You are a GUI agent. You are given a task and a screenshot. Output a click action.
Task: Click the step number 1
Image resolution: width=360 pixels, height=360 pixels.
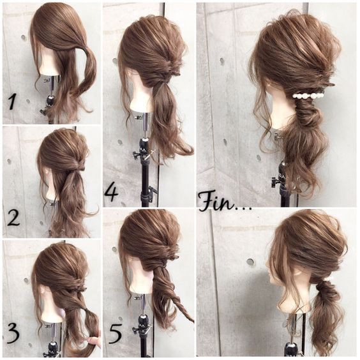12,102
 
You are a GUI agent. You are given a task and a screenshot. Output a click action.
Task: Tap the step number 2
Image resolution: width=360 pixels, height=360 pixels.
13,218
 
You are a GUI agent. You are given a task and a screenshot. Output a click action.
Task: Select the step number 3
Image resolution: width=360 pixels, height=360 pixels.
13,336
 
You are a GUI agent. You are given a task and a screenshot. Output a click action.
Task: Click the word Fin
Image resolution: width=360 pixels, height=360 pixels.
218,202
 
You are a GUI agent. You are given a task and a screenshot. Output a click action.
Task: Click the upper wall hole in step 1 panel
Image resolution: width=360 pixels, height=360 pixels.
24,38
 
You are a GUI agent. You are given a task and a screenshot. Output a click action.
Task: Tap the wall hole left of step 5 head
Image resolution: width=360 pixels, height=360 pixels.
114,249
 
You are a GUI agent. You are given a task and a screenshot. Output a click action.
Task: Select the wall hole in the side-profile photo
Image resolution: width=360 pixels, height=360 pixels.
250,262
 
